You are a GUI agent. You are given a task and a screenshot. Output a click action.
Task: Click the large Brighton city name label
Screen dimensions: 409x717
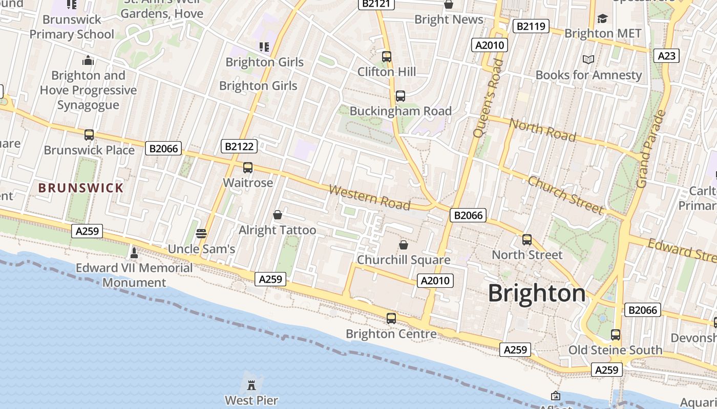coord(536,293)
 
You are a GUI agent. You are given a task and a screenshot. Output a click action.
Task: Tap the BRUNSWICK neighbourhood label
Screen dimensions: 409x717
coord(81,188)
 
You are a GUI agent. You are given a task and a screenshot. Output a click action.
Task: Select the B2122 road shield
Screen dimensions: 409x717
coord(239,147)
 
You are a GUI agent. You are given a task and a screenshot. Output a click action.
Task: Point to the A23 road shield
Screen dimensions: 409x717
coord(666,56)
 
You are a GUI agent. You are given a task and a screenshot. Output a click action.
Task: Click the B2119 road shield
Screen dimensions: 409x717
coord(530,26)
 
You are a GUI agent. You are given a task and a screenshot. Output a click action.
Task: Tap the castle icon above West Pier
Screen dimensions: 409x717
coord(251,384)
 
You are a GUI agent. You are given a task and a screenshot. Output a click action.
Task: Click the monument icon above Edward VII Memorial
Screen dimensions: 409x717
coord(134,253)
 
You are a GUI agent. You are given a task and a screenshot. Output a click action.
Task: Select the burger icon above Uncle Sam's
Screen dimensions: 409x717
coord(201,234)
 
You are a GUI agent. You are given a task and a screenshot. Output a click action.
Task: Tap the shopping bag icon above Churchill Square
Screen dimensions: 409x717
coord(404,244)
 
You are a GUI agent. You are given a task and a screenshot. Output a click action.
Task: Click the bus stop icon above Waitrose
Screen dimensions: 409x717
coord(248,168)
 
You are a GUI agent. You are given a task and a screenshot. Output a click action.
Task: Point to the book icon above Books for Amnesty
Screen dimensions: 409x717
coord(588,60)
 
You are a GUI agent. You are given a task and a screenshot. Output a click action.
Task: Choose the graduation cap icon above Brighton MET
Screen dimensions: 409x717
coord(602,19)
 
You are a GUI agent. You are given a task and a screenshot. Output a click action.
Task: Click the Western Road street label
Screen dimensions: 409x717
coord(369,198)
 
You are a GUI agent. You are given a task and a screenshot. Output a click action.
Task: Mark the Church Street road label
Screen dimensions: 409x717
coord(565,195)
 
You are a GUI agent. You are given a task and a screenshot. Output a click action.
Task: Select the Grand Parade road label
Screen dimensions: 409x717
coord(651,148)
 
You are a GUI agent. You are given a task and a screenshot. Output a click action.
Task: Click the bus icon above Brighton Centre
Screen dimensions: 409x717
coord(391,319)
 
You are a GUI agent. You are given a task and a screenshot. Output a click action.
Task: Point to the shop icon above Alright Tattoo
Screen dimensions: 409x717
coord(278,215)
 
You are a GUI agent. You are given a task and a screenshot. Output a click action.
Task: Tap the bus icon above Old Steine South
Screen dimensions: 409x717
coord(616,335)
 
